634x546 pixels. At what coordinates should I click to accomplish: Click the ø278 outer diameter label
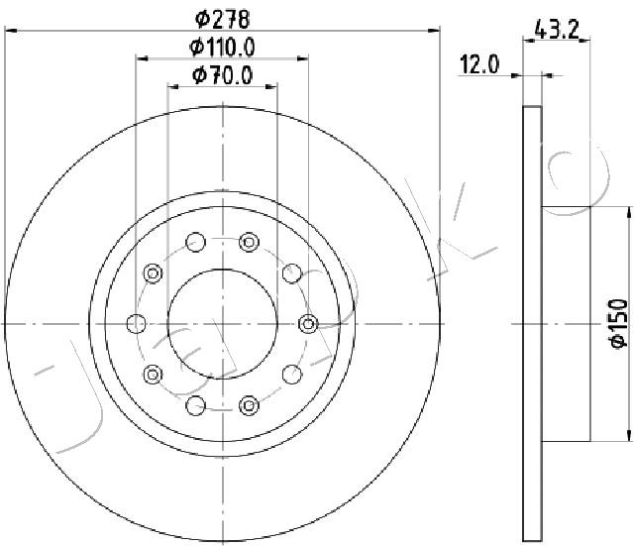(x=222, y=19)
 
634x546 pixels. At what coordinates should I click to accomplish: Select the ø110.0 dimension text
(x=222, y=48)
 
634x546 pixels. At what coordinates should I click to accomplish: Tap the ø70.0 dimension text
(x=223, y=75)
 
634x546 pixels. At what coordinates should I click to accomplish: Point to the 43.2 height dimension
(x=557, y=30)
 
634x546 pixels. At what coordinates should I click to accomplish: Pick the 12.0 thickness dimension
(x=479, y=64)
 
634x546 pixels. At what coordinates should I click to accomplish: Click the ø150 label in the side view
(x=618, y=323)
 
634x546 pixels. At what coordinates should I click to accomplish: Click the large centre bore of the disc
(x=222, y=324)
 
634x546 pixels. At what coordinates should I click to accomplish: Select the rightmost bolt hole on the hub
(x=308, y=324)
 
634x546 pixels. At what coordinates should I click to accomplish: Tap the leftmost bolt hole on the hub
(x=137, y=324)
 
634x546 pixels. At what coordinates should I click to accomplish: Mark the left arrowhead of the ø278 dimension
(x=11, y=31)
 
